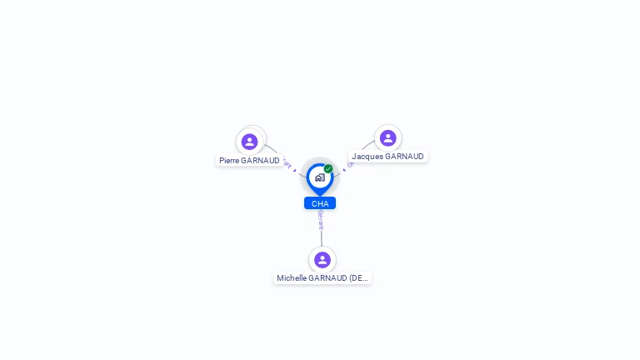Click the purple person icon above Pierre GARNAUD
point(250,141)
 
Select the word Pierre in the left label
point(229,161)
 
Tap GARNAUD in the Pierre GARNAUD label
point(261,161)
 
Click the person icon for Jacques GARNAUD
point(387,137)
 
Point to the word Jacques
point(366,157)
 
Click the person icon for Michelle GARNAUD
point(322,260)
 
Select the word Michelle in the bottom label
point(292,278)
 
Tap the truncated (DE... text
point(358,278)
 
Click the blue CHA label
point(320,203)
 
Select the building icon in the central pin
point(319,177)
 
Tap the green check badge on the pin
point(328,169)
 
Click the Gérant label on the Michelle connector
point(321,220)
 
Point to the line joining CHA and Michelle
point(322,238)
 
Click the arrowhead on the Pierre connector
point(295,170)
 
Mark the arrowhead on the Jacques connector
point(344,169)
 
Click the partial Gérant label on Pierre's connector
point(287,162)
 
